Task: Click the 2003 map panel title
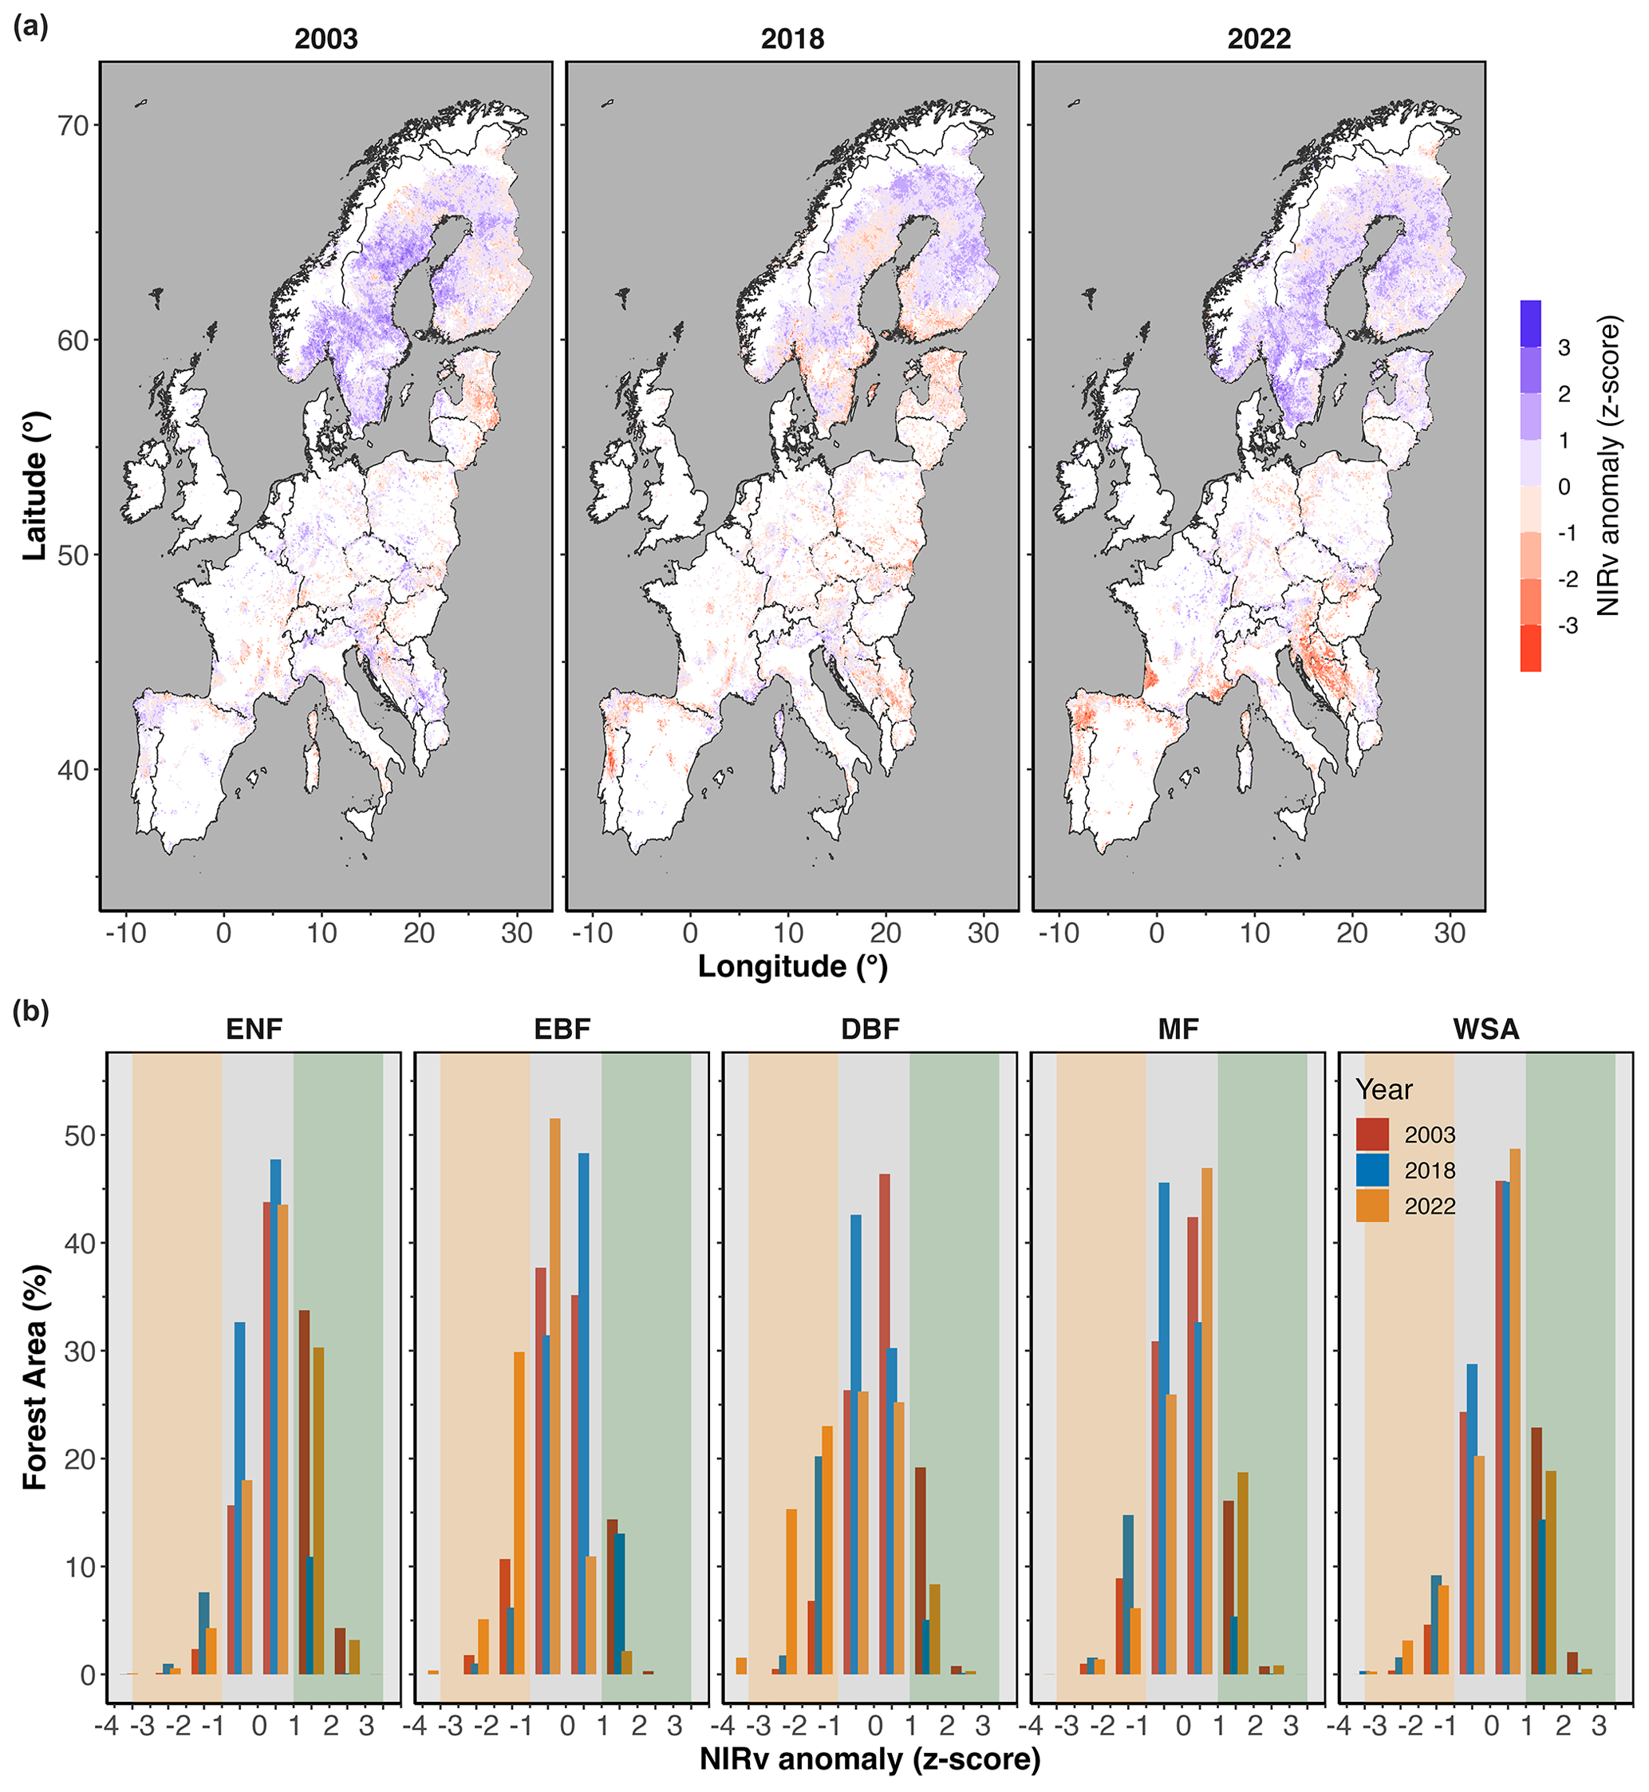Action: (325, 39)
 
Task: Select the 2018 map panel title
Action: (792, 39)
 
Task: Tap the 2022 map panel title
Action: (1258, 39)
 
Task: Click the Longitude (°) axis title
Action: (792, 966)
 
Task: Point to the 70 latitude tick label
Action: (74, 126)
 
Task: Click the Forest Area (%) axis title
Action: (35, 1379)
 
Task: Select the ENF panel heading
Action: (254, 1030)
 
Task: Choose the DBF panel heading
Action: (870, 1030)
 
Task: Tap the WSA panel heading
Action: (1485, 1030)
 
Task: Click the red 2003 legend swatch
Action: (1372, 1135)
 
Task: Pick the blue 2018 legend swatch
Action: (1372, 1170)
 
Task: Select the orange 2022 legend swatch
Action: (1372, 1206)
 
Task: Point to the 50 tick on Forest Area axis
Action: (81, 1136)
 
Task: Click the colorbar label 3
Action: (1564, 348)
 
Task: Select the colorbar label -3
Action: (1567, 626)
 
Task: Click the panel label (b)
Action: (30, 1012)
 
